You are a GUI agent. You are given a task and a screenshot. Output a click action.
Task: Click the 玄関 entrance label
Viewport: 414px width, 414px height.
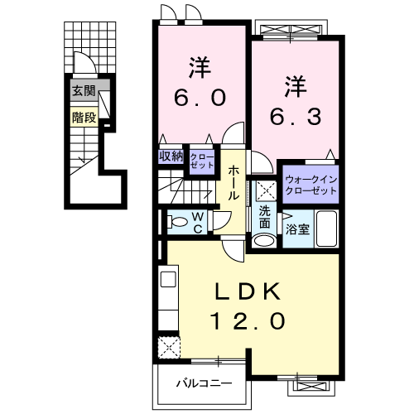(x=83, y=91)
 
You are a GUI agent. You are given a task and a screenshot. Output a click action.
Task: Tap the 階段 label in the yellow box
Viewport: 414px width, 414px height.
(x=83, y=117)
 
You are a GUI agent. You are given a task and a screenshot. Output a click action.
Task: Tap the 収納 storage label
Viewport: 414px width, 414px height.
(x=171, y=156)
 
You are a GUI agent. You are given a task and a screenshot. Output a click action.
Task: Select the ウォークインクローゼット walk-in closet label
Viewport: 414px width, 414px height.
(x=311, y=184)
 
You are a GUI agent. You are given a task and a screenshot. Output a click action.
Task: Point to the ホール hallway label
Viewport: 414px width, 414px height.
(x=235, y=183)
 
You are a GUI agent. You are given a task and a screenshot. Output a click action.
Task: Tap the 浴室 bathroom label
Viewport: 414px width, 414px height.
(x=298, y=229)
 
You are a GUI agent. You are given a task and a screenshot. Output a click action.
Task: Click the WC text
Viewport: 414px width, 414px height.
(x=199, y=221)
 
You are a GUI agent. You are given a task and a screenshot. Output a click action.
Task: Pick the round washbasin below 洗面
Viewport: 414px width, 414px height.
(x=264, y=240)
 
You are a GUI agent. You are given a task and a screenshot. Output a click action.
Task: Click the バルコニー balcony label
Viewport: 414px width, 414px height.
(x=203, y=383)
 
